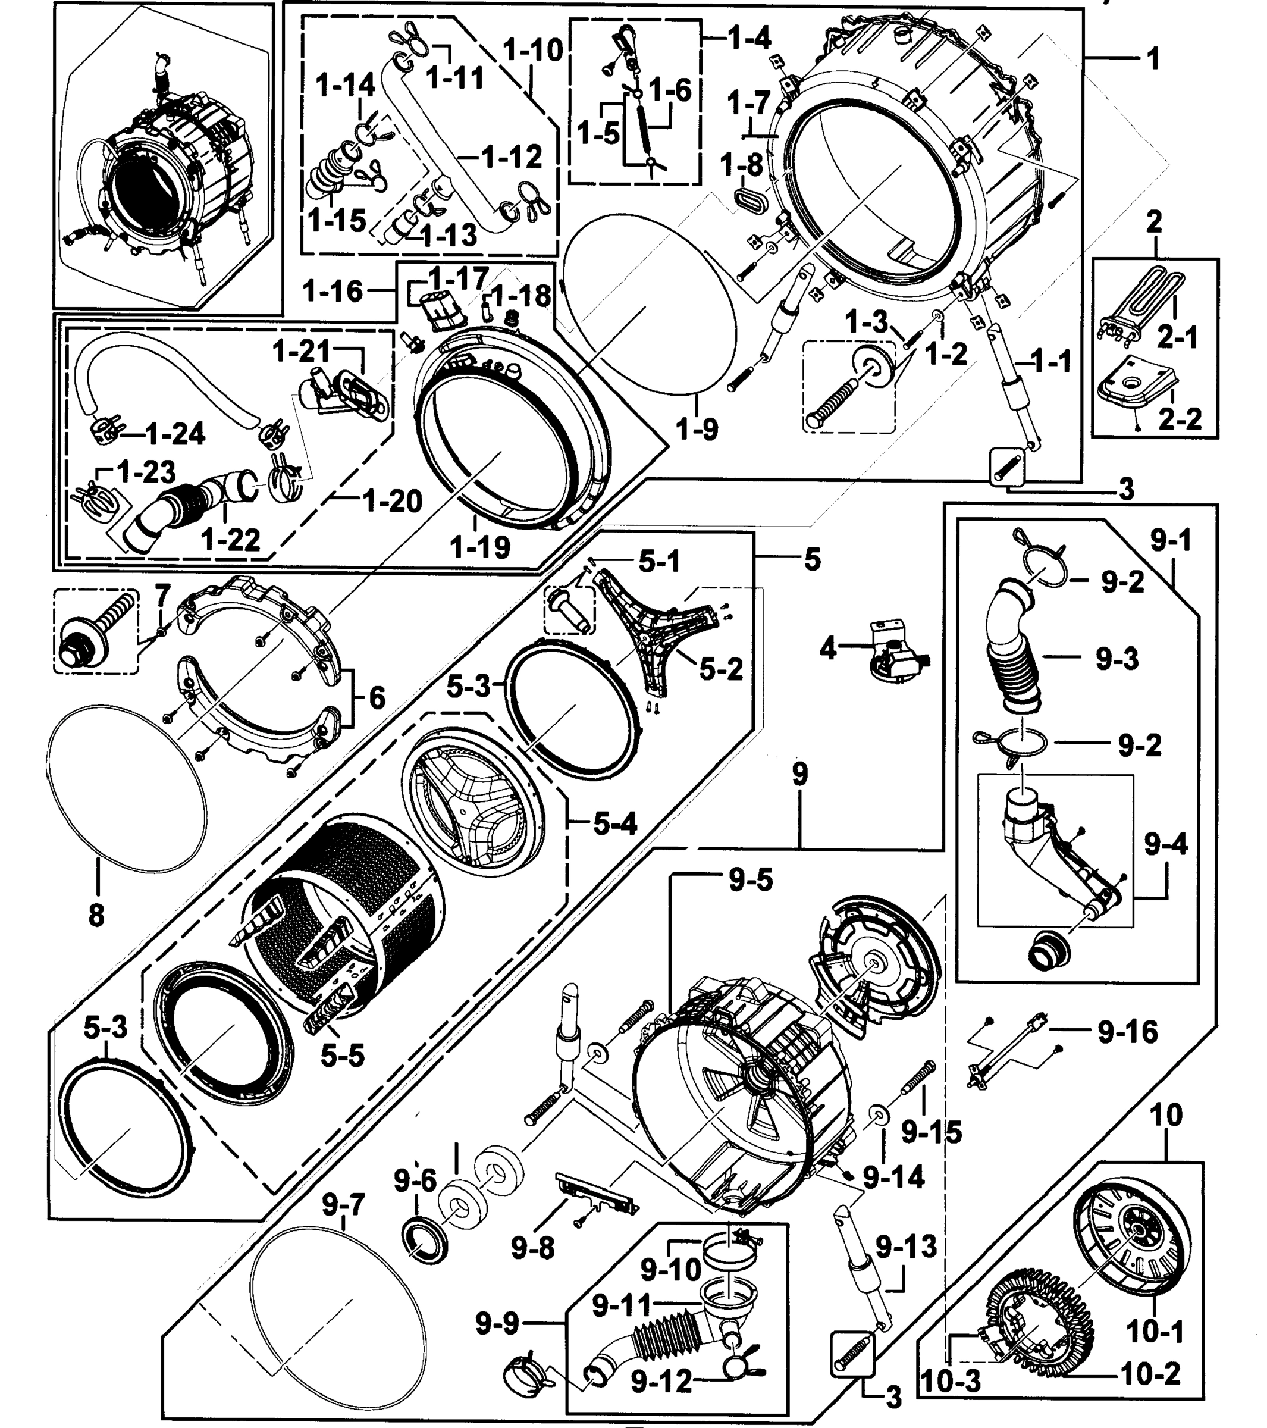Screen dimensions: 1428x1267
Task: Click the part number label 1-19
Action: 480,547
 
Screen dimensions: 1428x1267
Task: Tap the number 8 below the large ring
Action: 96,914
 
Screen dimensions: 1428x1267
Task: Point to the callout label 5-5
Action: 342,1056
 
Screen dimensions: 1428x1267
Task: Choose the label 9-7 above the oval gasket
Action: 343,1204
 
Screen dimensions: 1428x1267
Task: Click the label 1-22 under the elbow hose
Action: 230,538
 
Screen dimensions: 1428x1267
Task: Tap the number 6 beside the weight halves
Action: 377,697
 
